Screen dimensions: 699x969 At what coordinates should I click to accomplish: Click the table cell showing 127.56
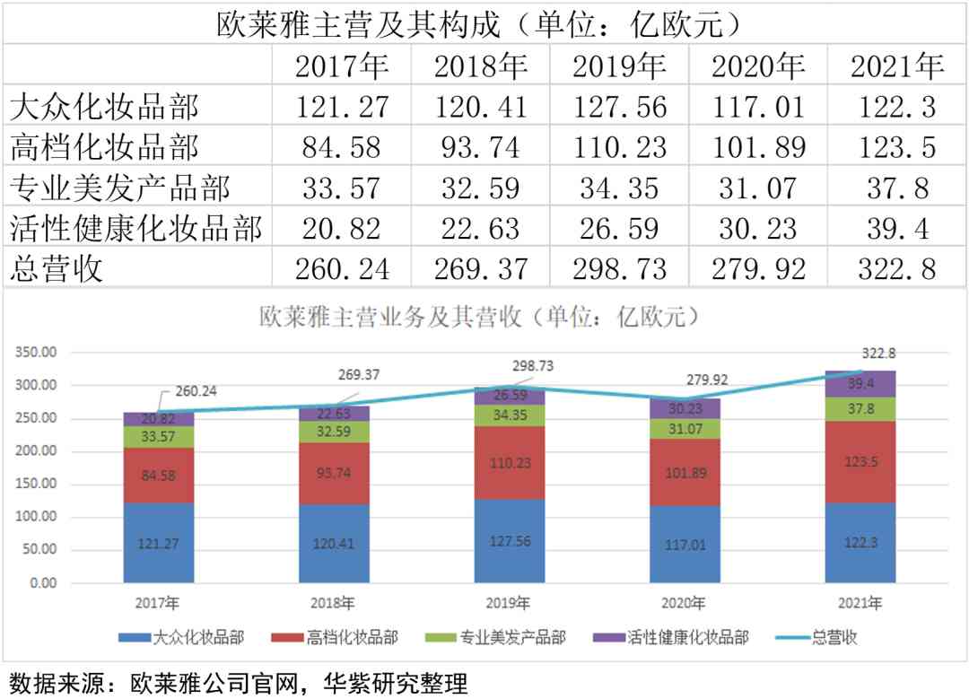click(620, 108)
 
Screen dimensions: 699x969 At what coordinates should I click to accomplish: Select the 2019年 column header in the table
click(620, 66)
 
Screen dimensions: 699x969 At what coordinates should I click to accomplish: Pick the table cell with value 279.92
click(758, 268)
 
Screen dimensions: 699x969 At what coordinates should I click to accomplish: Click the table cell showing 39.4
click(896, 228)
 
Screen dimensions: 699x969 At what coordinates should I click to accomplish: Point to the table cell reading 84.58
click(342, 147)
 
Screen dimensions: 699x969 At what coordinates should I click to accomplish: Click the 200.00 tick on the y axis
click(37, 451)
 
